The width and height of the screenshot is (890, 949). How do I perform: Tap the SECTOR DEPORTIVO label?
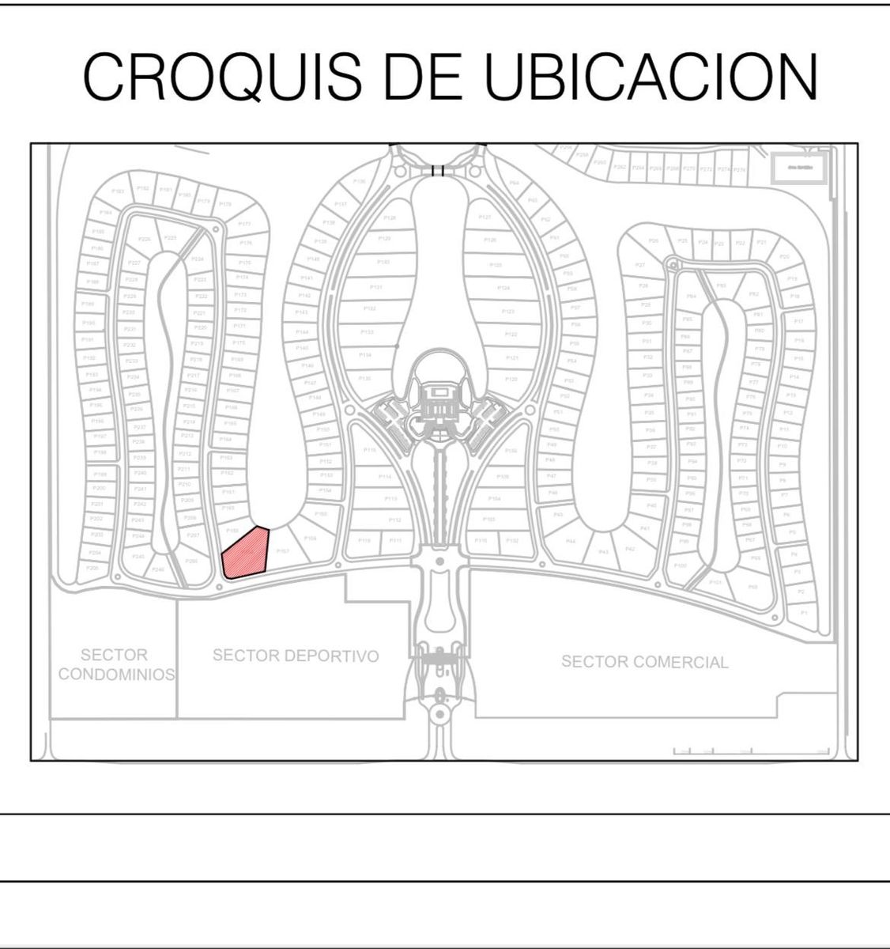(296, 656)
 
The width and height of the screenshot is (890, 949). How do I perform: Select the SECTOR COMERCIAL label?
(644, 662)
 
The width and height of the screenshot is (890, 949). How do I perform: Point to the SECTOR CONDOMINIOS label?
(115, 665)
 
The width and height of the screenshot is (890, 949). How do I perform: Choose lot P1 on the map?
(804, 612)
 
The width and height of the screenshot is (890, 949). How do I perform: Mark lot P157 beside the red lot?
(283, 551)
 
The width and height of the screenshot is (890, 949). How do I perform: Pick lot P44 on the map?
(571, 542)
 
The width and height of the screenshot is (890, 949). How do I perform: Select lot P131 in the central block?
(376, 287)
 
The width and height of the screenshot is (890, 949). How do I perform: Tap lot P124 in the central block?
(503, 288)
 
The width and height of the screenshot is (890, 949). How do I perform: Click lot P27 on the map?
(640, 265)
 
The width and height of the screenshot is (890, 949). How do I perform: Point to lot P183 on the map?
(118, 191)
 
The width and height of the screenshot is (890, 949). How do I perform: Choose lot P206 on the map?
(92, 568)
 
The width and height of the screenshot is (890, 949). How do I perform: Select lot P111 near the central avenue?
(395, 540)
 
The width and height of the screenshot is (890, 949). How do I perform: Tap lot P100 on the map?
(681, 566)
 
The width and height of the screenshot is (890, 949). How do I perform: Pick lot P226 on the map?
(145, 239)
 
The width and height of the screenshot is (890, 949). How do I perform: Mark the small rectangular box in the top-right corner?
(798, 168)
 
